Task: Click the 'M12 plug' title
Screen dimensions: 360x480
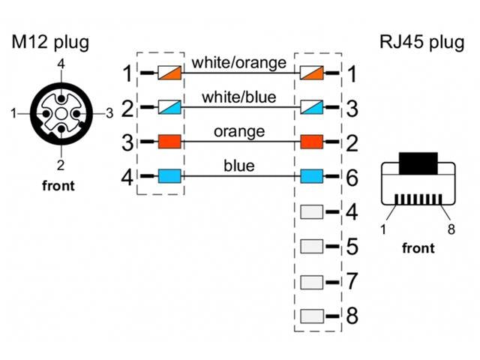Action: [50, 42]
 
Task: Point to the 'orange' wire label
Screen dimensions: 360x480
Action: [238, 132]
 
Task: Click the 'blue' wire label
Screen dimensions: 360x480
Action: [238, 166]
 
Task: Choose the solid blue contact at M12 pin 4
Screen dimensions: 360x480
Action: [169, 177]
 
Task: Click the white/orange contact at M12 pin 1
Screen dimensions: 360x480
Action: [169, 73]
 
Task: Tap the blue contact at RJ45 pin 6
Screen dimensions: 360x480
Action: [311, 177]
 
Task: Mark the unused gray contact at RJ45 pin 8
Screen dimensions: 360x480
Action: [311, 315]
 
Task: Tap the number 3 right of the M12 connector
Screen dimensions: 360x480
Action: [109, 113]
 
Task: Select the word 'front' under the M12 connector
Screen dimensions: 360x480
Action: [58, 185]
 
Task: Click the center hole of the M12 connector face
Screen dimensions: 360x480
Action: [59, 114]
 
